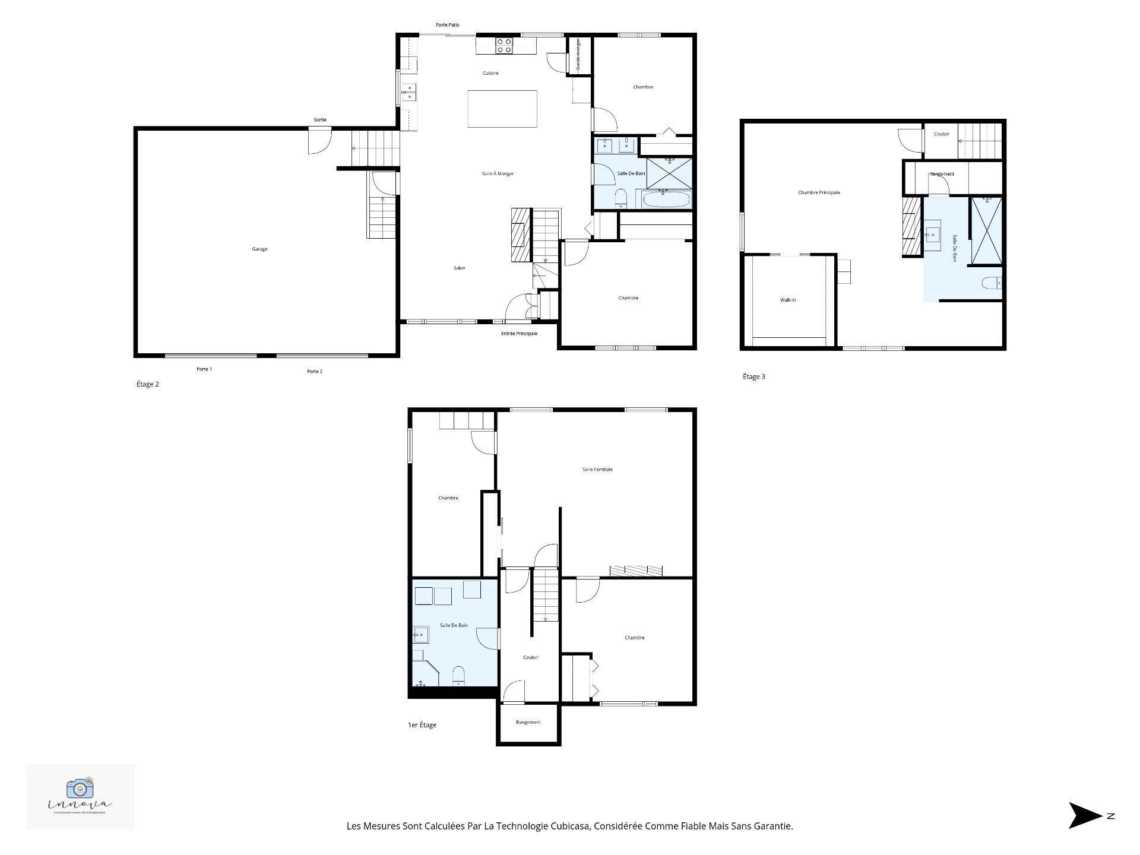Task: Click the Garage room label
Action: pyautogui.click(x=259, y=249)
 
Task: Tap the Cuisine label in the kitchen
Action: pyautogui.click(x=490, y=73)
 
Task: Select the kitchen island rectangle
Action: pyautogui.click(x=502, y=109)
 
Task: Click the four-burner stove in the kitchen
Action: pyautogui.click(x=504, y=46)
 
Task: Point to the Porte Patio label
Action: pyautogui.click(x=447, y=25)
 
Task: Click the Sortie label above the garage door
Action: pyautogui.click(x=320, y=120)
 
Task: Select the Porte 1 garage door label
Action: pyautogui.click(x=204, y=369)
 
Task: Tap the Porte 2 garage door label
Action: pyautogui.click(x=315, y=372)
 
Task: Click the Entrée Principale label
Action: pyautogui.click(x=519, y=334)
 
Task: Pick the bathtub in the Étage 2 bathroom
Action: pyautogui.click(x=666, y=199)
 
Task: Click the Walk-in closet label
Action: pyautogui.click(x=788, y=300)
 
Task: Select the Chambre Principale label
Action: pyautogui.click(x=819, y=192)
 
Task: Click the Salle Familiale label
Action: pyautogui.click(x=597, y=470)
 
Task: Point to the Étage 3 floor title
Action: pyautogui.click(x=754, y=376)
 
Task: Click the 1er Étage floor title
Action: pyautogui.click(x=422, y=725)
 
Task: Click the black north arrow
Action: pyautogui.click(x=1084, y=816)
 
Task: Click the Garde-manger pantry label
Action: pyautogui.click(x=578, y=55)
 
